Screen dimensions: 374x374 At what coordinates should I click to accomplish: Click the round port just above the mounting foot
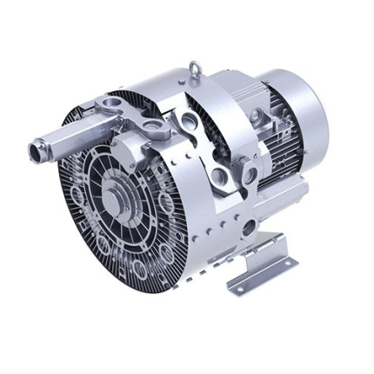(x=250, y=229)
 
